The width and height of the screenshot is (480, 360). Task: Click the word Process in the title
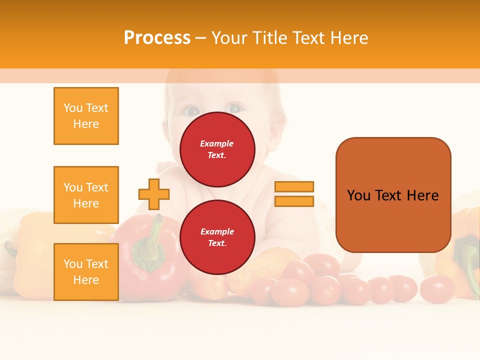tap(157, 37)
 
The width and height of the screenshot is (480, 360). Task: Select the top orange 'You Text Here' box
tap(86, 116)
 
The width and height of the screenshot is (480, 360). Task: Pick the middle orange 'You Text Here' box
tap(86, 195)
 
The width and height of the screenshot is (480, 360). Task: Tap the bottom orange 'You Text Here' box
tap(86, 272)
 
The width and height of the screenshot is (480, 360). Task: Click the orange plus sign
tap(154, 194)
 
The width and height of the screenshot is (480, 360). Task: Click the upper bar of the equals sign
tap(294, 187)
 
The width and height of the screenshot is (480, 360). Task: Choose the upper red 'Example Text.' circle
tap(217, 149)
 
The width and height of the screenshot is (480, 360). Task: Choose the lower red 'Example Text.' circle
tap(217, 237)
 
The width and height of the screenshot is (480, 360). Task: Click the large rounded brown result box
tap(393, 195)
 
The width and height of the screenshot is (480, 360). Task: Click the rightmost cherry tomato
tap(437, 288)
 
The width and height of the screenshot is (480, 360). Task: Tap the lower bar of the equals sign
tap(294, 201)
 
